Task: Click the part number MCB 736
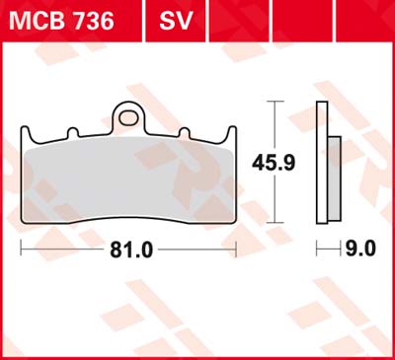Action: (x=61, y=21)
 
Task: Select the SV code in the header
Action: (x=176, y=21)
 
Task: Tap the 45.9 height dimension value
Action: (x=274, y=163)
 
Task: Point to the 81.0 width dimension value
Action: (x=131, y=251)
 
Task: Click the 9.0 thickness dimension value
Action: (x=360, y=249)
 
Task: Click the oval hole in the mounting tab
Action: (x=128, y=118)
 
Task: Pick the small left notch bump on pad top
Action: (x=73, y=132)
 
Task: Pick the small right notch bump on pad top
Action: (x=185, y=132)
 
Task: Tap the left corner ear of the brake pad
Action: (x=27, y=134)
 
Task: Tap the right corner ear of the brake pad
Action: (x=230, y=134)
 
